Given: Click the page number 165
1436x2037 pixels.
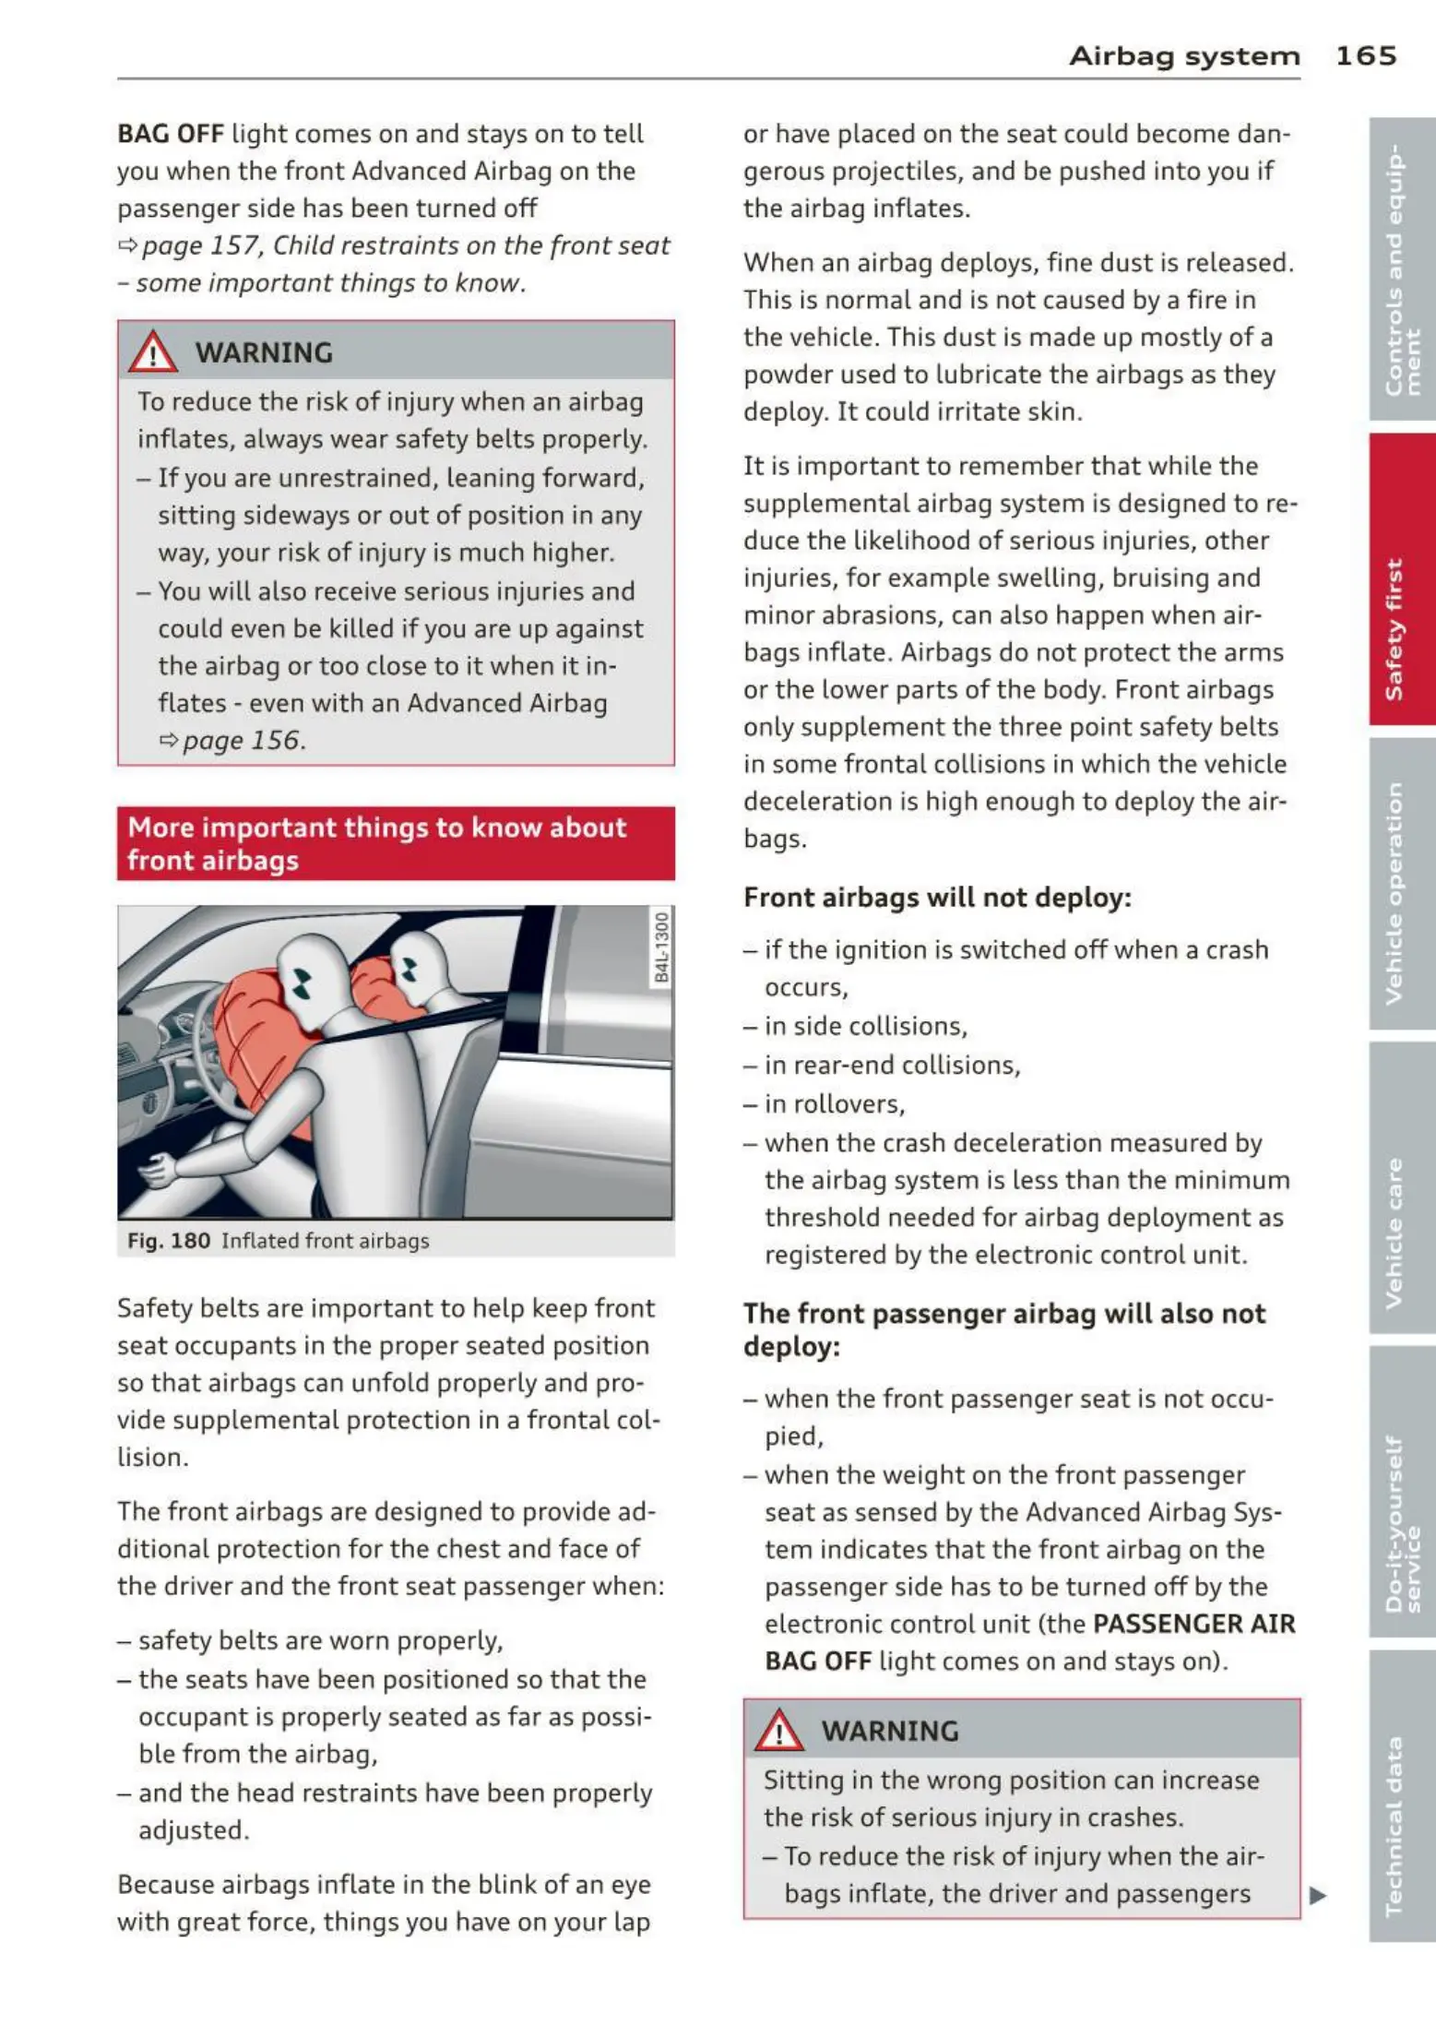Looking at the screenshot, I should (1365, 56).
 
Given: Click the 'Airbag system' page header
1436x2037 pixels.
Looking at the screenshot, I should (1184, 57).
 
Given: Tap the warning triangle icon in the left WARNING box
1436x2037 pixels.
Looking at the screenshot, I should (153, 352).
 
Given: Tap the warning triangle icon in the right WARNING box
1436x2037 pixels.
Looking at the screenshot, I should (779, 1731).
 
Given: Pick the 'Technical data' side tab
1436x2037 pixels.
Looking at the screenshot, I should (1402, 1826).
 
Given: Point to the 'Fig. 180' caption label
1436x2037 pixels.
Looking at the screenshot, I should (169, 1241).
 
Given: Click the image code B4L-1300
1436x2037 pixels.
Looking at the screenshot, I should (661, 947).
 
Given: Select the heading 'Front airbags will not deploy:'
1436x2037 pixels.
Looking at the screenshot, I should (937, 898).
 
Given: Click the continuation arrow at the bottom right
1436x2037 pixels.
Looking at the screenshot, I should (1318, 1896).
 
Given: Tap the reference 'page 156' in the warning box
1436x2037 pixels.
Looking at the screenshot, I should (242, 741).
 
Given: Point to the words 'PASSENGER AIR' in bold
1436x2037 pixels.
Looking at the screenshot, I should (1193, 1624).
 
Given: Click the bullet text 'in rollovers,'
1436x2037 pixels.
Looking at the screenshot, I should (834, 1104).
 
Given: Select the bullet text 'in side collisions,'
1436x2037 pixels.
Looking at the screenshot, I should (865, 1027).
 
